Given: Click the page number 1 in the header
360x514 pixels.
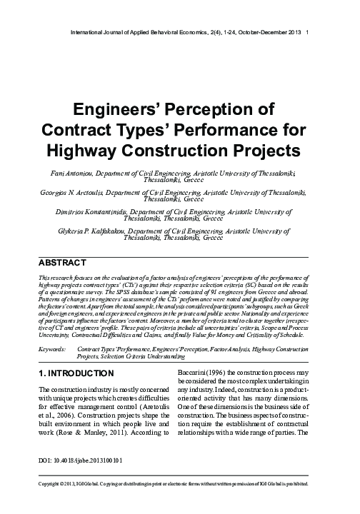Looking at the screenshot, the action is click(x=307, y=32).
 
